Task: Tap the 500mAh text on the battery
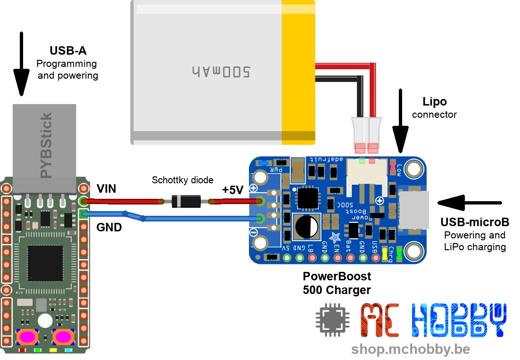click(x=221, y=71)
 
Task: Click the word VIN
click(x=107, y=189)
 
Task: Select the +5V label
click(x=232, y=190)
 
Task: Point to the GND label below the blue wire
click(x=109, y=228)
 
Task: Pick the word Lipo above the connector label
click(x=435, y=101)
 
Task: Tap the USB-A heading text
click(x=68, y=50)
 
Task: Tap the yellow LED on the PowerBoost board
click(x=385, y=254)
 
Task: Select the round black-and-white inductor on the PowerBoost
click(x=306, y=226)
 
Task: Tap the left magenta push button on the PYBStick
click(x=27, y=337)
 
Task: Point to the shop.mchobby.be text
click(x=410, y=349)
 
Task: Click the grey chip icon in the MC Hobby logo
click(x=332, y=322)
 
